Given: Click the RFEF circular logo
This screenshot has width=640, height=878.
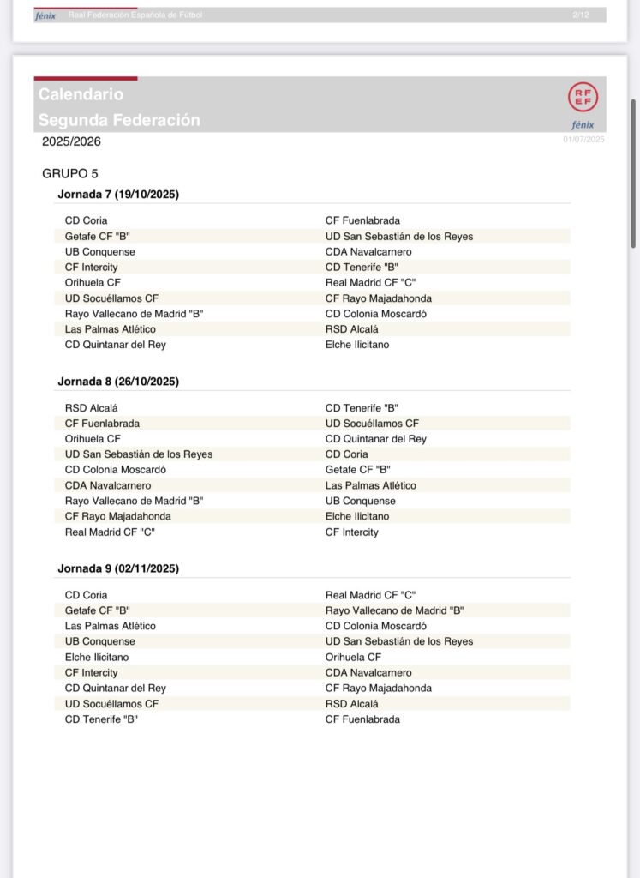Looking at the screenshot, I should tap(583, 97).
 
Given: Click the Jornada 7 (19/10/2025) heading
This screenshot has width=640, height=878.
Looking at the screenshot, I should tap(118, 195).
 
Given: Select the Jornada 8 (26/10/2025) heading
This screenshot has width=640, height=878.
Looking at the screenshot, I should tap(118, 382).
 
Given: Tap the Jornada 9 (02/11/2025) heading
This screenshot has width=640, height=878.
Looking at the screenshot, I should tap(118, 568).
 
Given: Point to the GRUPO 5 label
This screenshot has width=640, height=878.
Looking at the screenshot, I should tap(70, 173).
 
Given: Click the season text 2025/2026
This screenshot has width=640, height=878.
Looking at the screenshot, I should tap(71, 141).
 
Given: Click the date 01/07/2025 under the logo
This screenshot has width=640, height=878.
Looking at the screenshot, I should tap(583, 139).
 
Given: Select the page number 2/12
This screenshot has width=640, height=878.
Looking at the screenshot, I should tap(580, 15).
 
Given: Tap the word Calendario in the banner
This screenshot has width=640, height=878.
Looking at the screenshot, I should tap(81, 94).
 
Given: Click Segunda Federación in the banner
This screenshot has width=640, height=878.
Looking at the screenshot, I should tap(119, 120).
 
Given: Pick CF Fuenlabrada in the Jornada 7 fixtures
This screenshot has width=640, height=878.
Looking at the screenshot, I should tap(362, 220).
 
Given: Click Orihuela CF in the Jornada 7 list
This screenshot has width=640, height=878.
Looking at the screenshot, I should tap(93, 282).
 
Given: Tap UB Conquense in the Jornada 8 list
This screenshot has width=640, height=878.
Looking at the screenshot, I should tap(361, 501).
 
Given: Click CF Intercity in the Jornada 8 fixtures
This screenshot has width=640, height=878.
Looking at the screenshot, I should tap(351, 532).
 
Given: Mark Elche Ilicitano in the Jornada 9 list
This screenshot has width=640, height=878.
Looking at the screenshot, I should tap(97, 657).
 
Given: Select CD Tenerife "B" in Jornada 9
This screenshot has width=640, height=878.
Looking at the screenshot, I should tap(101, 719).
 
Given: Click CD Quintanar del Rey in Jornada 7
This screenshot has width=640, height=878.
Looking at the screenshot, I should tap(116, 345).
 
